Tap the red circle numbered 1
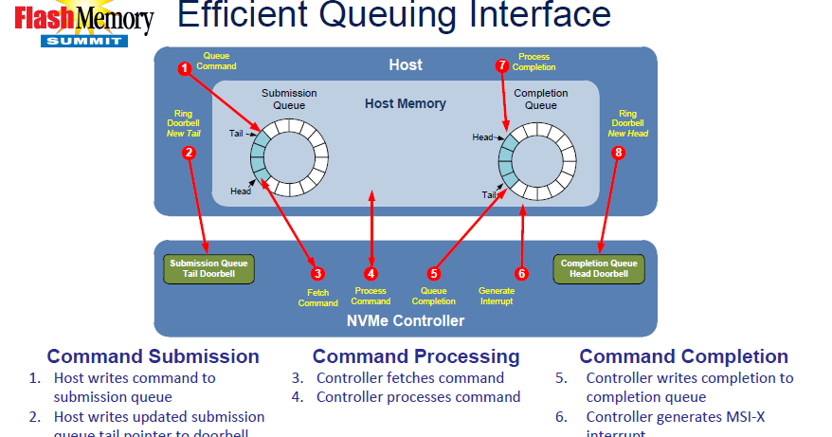coord(185,67)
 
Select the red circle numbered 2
coord(189,152)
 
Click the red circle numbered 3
coord(317,273)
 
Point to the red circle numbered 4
coord(371,273)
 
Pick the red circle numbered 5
coord(434,273)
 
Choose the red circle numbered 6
coord(521,273)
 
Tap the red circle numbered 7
coord(502,65)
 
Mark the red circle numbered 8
coord(620,152)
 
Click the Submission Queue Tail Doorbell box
coord(208,268)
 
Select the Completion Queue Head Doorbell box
coord(598,268)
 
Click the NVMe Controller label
coord(405,321)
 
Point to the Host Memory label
coord(405,103)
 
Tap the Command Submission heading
coord(153,356)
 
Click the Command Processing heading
coord(416,356)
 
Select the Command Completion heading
coord(683,356)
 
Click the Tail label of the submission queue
coord(236,134)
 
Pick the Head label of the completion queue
coord(482,137)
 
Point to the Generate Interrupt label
coord(497,296)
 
